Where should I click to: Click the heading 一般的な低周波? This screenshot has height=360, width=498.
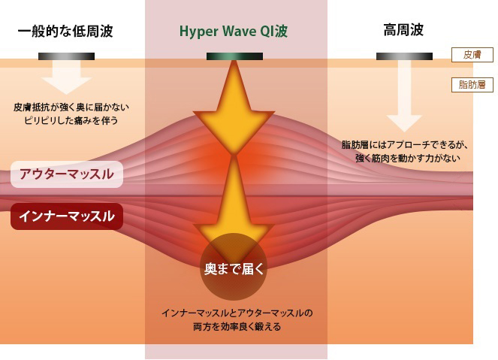click(x=65, y=31)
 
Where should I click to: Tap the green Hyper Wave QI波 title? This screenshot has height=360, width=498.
click(x=234, y=31)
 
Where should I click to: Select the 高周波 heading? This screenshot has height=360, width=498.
click(x=403, y=30)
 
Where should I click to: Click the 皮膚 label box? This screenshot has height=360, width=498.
click(x=472, y=55)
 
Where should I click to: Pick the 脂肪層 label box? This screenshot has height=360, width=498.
click(x=472, y=84)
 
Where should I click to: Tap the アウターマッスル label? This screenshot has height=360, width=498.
click(x=67, y=174)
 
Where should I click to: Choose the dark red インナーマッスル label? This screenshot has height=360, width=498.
click(x=67, y=216)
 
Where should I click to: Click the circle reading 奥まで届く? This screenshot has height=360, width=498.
click(x=234, y=267)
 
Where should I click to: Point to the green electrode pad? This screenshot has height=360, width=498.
click(x=234, y=56)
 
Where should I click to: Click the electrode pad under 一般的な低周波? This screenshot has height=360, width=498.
click(x=66, y=56)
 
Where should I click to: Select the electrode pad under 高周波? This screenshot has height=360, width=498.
click(x=404, y=56)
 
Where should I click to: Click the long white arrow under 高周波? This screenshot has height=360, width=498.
click(x=404, y=96)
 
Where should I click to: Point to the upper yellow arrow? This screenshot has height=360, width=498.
click(x=234, y=108)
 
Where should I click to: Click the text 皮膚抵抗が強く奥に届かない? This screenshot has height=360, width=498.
click(x=71, y=107)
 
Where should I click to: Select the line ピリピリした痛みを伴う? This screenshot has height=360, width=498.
click(x=71, y=120)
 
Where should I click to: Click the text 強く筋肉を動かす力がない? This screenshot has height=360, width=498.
click(x=408, y=158)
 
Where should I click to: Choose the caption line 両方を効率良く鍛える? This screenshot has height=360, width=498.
click(x=237, y=327)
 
